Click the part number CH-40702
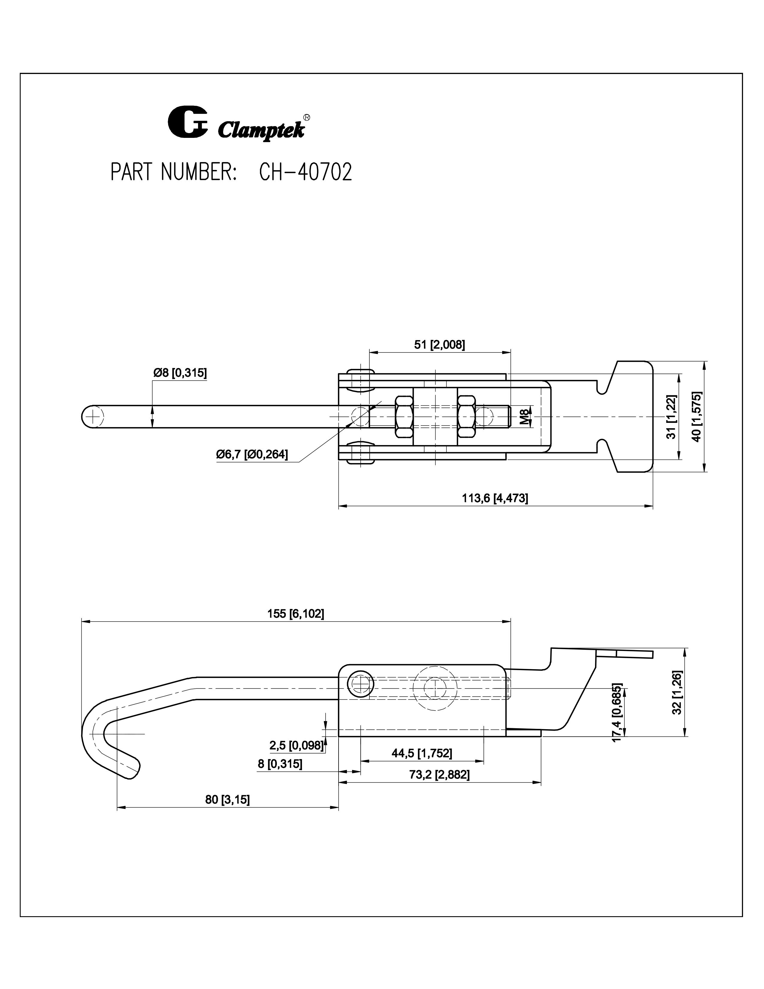[306, 173]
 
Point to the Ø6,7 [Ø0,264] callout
[252, 454]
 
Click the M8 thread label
[524, 417]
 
